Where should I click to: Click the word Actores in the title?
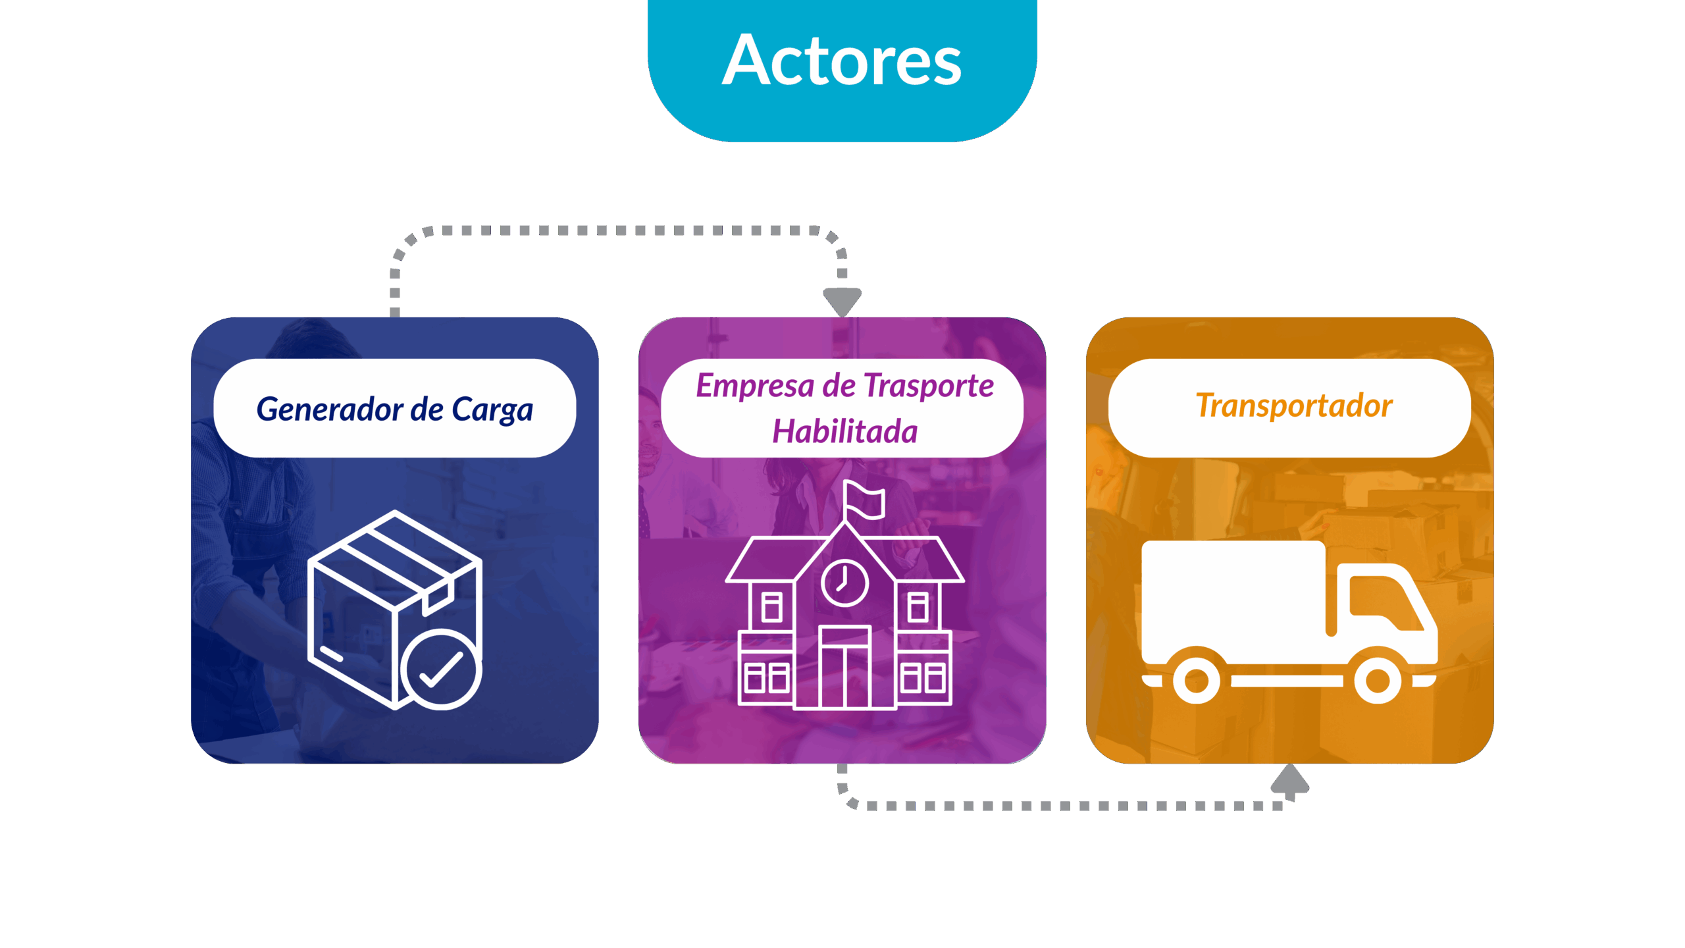(842, 61)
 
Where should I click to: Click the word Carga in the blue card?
(492, 410)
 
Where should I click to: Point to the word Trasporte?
(928, 386)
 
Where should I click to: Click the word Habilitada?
(844, 432)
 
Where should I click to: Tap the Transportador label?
(1293, 406)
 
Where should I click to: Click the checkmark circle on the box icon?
(441, 669)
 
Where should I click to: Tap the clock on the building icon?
(844, 583)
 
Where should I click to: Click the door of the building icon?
(844, 671)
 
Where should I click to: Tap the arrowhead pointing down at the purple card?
(842, 302)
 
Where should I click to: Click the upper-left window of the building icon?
(771, 607)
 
